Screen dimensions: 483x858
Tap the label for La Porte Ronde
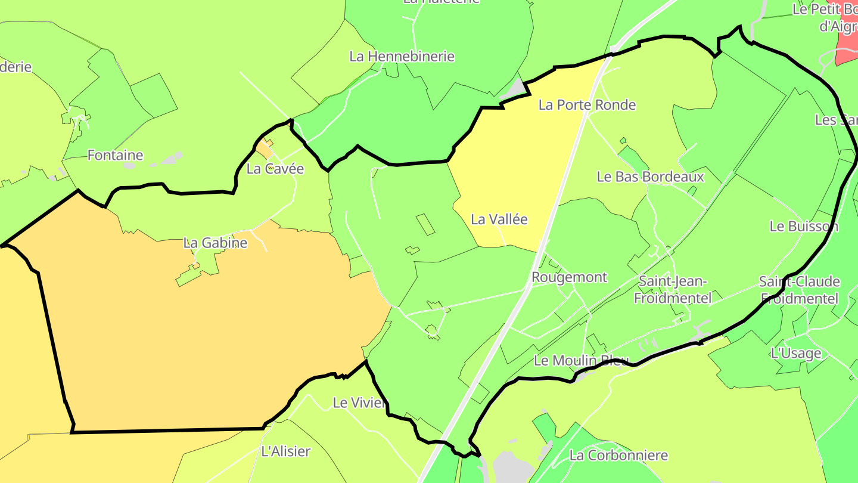point(587,105)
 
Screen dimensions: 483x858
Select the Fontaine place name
point(115,156)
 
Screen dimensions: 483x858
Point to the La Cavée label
point(275,169)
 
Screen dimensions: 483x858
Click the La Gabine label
point(215,243)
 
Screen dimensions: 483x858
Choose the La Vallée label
point(499,219)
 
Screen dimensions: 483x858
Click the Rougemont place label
point(569,277)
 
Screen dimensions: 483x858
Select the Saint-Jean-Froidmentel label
point(672,289)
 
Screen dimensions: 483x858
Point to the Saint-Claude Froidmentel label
point(799,290)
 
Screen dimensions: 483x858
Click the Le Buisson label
point(804,227)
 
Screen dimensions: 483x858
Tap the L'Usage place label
point(795,353)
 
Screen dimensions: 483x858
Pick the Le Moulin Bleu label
point(581,360)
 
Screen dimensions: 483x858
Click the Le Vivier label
point(358,403)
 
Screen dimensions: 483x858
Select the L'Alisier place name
point(286,451)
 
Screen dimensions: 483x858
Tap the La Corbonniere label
point(618,456)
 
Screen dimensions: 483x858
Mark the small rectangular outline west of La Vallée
point(425,224)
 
